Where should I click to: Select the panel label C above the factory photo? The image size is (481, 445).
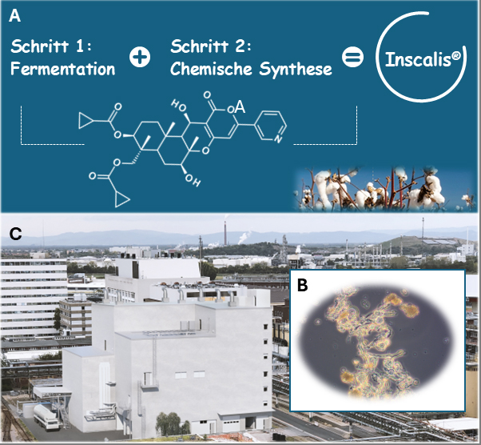coord(14,235)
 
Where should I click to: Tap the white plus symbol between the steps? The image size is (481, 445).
coord(140,58)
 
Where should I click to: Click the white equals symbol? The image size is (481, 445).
coord(352,58)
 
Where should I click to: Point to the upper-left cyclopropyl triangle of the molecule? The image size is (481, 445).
coord(85,121)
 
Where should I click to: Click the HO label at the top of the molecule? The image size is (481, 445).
coord(177,105)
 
